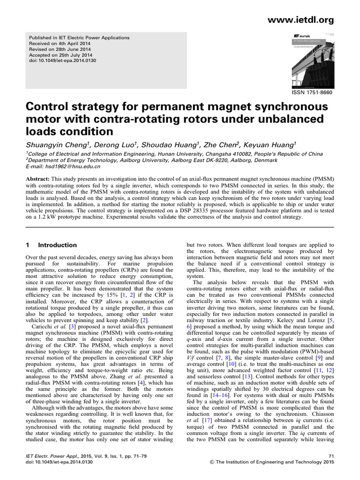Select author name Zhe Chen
[222, 142]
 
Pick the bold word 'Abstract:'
[37, 180]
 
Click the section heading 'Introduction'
[57, 245]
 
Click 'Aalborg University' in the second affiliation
[124, 160]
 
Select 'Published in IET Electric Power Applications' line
[79, 37]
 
